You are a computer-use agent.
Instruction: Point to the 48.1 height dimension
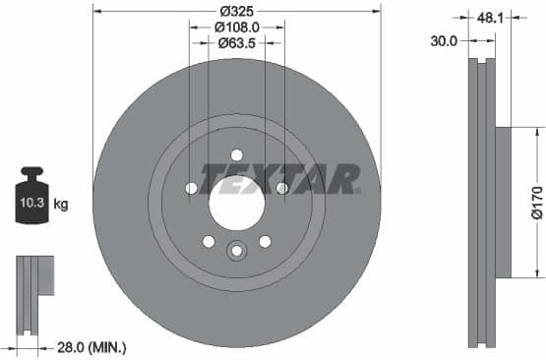click(486, 17)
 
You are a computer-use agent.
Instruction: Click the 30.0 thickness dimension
click(444, 41)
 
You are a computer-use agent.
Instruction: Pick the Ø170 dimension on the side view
click(535, 203)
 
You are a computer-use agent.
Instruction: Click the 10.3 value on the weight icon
click(30, 204)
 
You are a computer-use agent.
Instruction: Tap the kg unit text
click(61, 205)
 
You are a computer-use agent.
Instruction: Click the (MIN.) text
click(107, 347)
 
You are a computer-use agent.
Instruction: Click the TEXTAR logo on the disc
click(279, 179)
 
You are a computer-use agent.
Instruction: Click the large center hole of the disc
click(236, 203)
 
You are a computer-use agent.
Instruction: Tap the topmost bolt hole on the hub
click(236, 154)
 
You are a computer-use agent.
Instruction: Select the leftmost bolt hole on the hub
click(191, 188)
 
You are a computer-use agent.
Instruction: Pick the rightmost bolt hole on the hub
click(281, 188)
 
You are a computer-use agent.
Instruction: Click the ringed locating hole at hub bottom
click(236, 251)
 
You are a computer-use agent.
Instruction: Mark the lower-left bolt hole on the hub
click(209, 241)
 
